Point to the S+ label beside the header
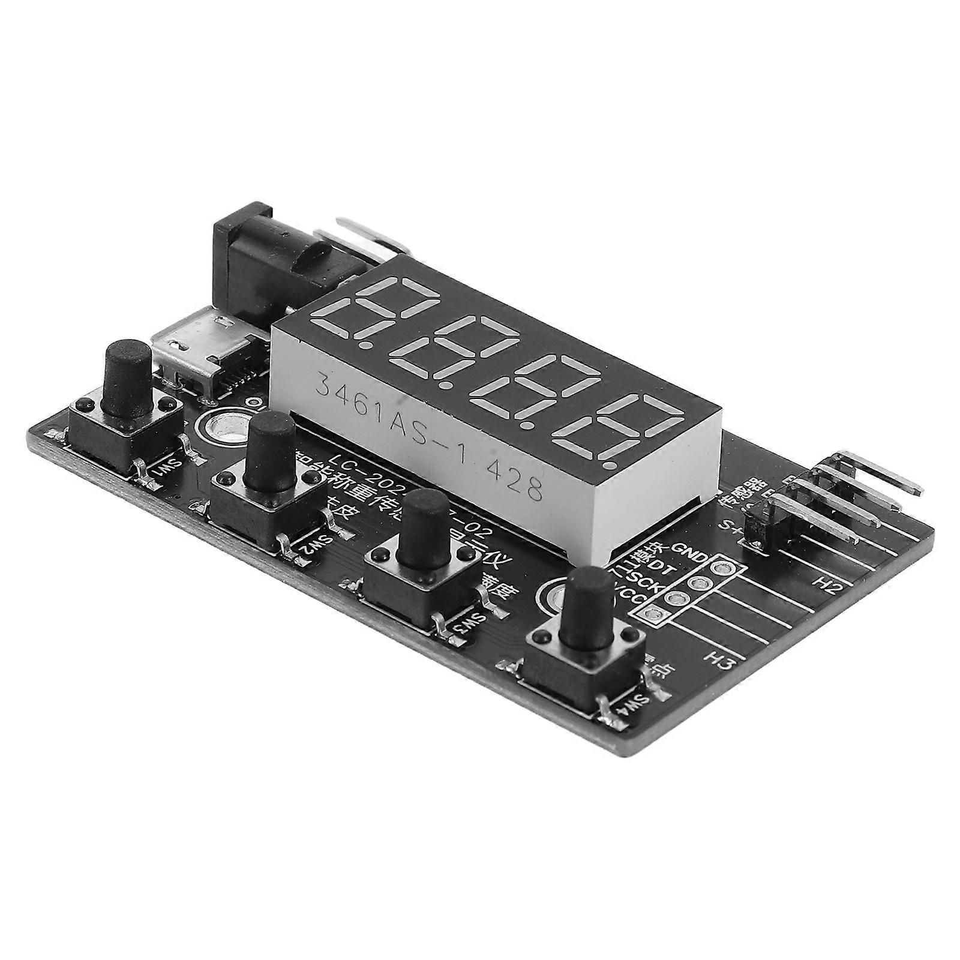coord(728,526)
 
